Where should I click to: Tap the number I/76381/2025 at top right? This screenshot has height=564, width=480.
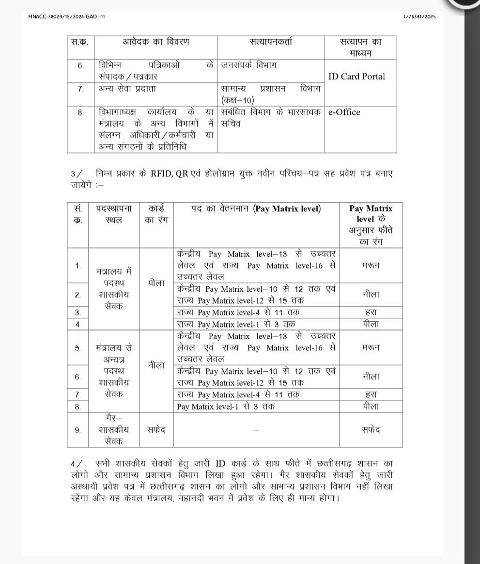(419, 16)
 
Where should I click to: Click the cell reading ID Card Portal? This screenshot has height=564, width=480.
(357, 76)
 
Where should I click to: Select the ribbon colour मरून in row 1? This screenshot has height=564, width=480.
(371, 265)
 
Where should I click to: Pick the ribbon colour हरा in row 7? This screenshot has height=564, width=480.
(371, 394)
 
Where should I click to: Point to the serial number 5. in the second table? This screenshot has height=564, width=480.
(78, 348)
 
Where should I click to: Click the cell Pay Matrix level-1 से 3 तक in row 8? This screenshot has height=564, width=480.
(226, 407)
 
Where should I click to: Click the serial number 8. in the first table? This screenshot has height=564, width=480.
(81, 112)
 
